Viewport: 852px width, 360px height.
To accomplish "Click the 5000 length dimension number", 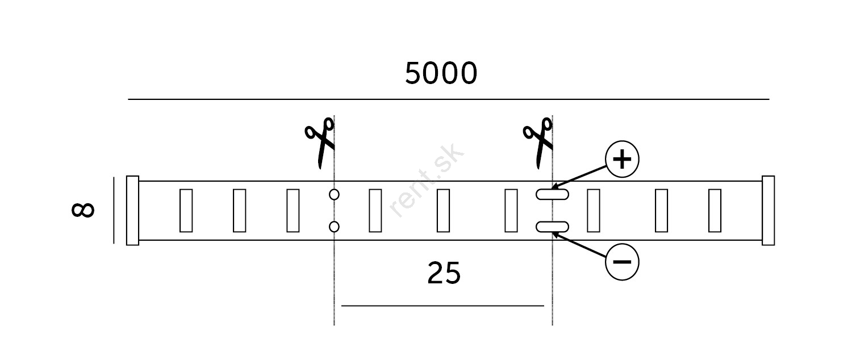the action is [441, 73].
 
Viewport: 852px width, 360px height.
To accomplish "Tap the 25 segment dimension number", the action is [444, 273].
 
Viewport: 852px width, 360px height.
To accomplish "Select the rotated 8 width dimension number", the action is [83, 210].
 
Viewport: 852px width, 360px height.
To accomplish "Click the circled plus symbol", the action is [622, 159].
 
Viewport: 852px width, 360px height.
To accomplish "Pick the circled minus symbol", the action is [622, 262].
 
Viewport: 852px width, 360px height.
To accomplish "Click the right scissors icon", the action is [538, 143].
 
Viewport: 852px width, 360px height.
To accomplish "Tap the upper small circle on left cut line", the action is [334, 195].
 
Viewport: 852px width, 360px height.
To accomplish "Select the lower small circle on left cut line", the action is [334, 227].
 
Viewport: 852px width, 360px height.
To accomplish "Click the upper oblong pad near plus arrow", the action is [552, 194].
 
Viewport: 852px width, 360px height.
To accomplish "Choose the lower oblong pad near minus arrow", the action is [552, 227].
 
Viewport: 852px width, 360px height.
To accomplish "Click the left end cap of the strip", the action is [133, 211].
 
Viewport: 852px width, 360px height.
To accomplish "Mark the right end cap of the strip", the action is [769, 211].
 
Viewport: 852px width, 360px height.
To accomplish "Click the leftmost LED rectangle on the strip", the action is [186, 211].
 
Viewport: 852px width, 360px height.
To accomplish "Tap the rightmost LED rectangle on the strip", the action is [715, 211].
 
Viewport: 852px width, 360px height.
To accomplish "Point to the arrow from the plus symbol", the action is [579, 177].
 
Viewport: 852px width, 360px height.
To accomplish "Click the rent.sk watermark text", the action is [426, 180].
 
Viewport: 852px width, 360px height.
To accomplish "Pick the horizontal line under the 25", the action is [442, 305].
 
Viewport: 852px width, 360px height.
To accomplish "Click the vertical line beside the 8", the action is [114, 210].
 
